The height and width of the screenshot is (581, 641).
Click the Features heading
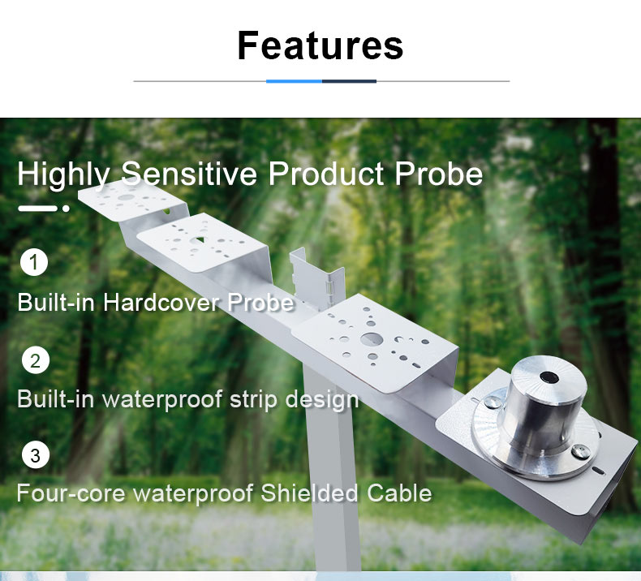point(320,45)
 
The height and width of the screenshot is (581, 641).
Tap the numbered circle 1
point(34,262)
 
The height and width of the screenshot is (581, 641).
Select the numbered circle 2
point(35,360)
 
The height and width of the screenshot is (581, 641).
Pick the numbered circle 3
point(35,455)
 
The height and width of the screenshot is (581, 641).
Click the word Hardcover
point(161,303)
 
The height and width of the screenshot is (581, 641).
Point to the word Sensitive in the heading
point(189,174)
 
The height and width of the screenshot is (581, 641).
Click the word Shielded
point(309,493)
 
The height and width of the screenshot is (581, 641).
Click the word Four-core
point(71,493)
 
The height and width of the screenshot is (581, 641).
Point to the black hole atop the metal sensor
point(549,377)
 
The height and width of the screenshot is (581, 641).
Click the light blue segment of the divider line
point(294,81)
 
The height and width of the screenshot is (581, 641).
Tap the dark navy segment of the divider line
point(349,81)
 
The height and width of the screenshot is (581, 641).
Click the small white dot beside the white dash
point(66,209)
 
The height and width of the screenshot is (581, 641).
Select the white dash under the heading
point(37,209)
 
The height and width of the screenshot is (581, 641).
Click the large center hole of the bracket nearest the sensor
point(371,339)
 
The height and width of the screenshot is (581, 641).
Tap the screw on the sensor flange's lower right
point(580,451)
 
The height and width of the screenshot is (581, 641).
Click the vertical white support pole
point(332,470)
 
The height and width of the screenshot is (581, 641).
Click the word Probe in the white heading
point(439,174)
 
